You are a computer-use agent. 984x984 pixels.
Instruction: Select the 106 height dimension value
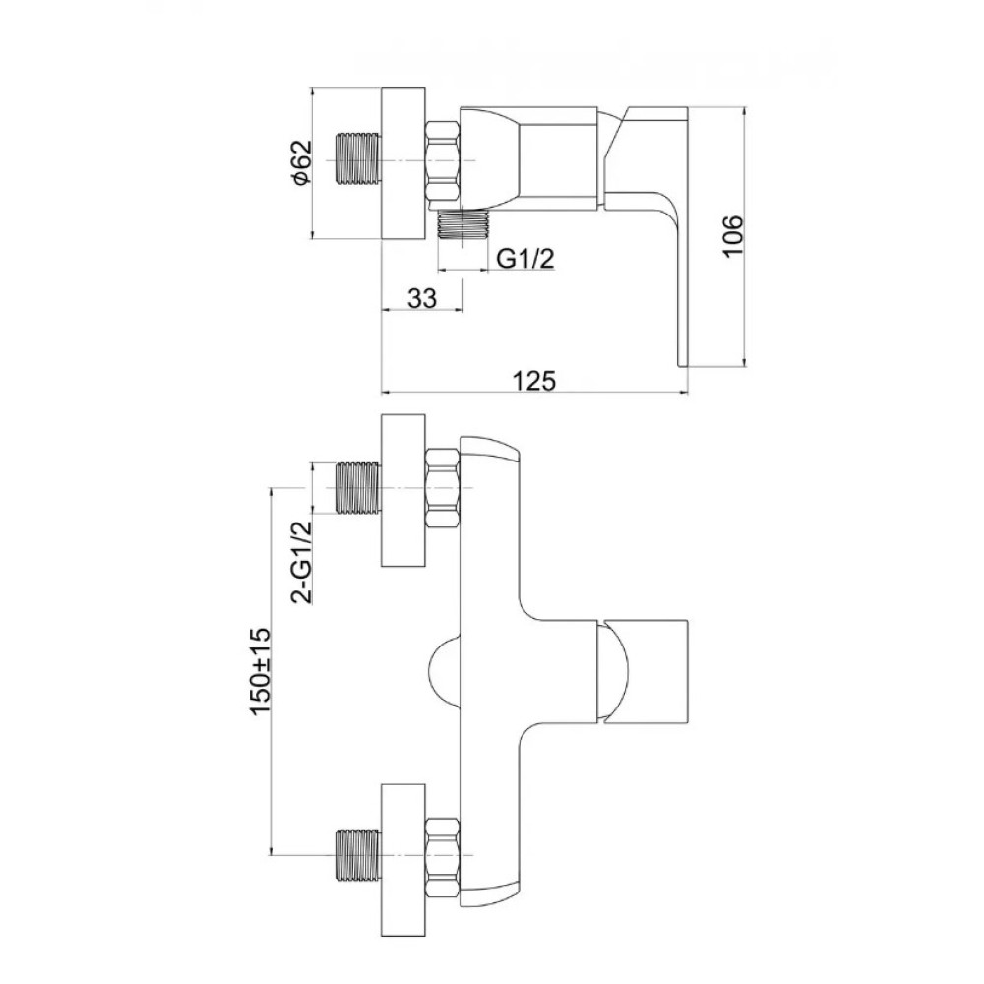click(x=732, y=235)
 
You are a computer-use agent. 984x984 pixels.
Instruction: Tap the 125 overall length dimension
click(x=534, y=380)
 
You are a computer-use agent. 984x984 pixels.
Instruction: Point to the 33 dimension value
click(x=422, y=298)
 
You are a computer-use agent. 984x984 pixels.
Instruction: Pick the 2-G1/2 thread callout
click(x=302, y=561)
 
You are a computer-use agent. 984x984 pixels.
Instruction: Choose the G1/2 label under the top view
click(x=525, y=258)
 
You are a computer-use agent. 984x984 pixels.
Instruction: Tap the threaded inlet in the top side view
click(x=359, y=159)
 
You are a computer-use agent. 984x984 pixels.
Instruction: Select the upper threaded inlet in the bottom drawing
click(x=359, y=488)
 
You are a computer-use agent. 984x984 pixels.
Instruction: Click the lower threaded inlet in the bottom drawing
click(x=359, y=855)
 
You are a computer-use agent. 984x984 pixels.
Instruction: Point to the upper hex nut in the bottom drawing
click(x=443, y=488)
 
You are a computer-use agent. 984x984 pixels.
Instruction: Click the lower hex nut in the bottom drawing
click(x=443, y=855)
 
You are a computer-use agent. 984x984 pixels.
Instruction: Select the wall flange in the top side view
click(x=403, y=161)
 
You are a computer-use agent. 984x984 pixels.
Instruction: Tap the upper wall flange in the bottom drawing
click(x=403, y=489)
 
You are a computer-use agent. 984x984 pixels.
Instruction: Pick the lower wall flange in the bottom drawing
click(x=403, y=858)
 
